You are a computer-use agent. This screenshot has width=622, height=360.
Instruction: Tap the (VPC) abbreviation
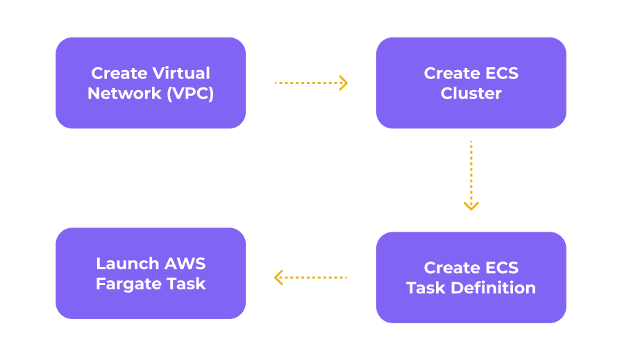pyautogui.click(x=190, y=94)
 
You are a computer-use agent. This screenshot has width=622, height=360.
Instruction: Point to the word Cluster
pyautogui.click(x=471, y=94)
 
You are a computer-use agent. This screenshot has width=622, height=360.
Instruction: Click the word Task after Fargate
pyautogui.click(x=187, y=284)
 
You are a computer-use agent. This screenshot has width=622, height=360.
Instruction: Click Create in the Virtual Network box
pyautogui.click(x=118, y=73)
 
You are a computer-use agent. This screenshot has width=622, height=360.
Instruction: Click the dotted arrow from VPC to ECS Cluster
pyautogui.click(x=310, y=83)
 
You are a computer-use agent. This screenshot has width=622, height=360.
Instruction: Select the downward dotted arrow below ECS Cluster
pyautogui.click(x=471, y=173)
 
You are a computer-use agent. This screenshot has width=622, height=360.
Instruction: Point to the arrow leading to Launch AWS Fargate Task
pyautogui.click(x=310, y=277)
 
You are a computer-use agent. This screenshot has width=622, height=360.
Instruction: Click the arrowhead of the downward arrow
pyautogui.click(x=471, y=206)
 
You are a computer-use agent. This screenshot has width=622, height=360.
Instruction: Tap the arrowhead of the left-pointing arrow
pyautogui.click(x=278, y=277)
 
